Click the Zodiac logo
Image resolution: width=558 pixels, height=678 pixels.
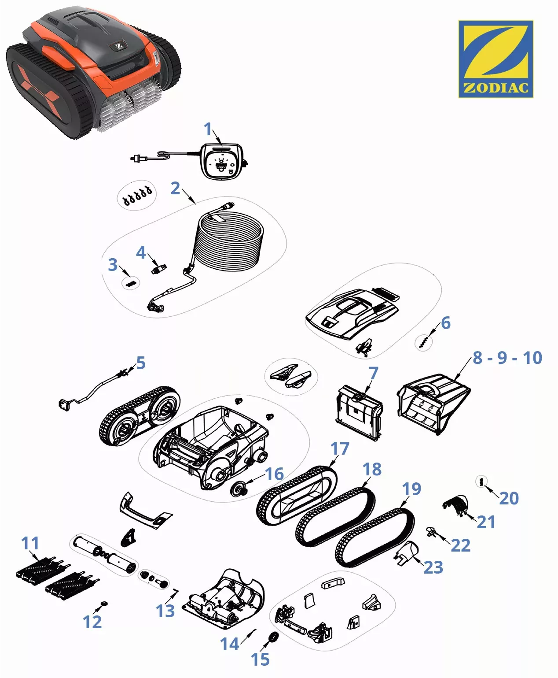coord(496,59)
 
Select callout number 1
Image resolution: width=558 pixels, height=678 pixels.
coord(208,129)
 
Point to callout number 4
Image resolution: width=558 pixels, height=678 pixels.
coord(141,252)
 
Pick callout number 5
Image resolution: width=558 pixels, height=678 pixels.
coord(140,363)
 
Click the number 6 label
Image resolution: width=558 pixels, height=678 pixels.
coord(445,322)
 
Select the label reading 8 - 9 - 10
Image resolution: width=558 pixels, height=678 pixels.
coord(507,358)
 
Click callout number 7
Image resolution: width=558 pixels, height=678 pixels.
coord(374,373)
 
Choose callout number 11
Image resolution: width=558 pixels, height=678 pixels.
coord(30,543)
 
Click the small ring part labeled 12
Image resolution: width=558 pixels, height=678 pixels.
coord(104,604)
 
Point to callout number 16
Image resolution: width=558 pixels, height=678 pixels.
coord(274,474)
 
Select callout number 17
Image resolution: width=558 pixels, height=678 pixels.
coord(339,448)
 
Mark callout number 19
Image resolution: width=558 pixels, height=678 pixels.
coord(411,489)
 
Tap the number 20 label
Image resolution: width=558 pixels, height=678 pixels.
coord(509,498)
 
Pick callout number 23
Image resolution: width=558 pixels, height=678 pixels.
coord(433,567)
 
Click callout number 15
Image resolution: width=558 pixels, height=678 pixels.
coord(260,659)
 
